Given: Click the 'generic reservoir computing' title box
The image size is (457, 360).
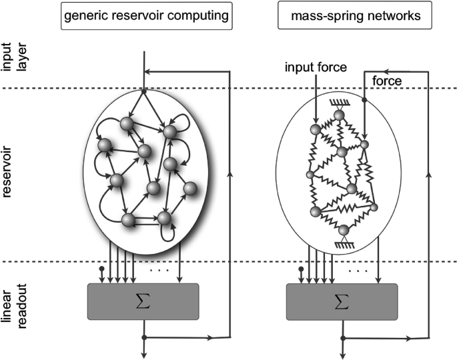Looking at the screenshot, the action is tap(147, 16).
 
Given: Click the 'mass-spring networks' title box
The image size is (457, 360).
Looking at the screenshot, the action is tap(355, 15).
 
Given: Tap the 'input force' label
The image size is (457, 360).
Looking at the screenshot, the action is tap(316, 67).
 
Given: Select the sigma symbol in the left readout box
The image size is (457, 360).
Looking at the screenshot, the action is tap(143, 301).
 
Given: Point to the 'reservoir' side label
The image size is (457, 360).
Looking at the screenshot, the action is tap(7, 172).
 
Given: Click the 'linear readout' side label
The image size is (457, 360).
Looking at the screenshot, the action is tap(15, 306).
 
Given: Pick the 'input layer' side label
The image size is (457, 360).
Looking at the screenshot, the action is tap(15, 57).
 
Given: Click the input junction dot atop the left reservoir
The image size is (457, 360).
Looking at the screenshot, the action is tap(143, 92).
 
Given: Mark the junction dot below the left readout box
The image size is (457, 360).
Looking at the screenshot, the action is tap(143, 337).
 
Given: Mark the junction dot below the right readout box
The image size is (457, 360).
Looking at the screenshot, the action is tap(343, 338).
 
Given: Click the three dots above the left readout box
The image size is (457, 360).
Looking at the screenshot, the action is tap(159, 271).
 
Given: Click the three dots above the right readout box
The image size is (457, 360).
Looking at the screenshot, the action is tap(358, 271).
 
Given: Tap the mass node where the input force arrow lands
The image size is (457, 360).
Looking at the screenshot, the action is tap(316, 129).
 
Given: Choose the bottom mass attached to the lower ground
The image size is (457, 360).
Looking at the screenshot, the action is tap(344, 231).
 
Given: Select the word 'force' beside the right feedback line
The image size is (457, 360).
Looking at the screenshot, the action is tap(387, 81).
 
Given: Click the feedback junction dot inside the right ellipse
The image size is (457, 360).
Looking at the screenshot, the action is tap(364, 100).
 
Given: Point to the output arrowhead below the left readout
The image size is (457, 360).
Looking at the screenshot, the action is tap(143, 355).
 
